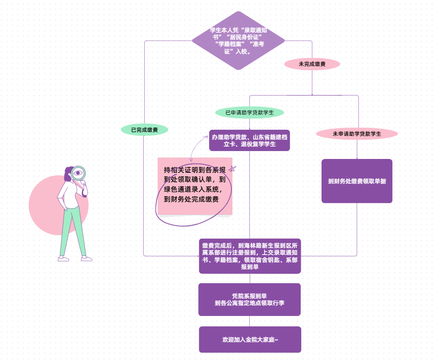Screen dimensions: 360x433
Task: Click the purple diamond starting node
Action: (x=238, y=40)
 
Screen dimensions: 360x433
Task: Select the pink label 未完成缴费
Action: (x=312, y=64)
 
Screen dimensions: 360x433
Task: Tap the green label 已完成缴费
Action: (x=144, y=130)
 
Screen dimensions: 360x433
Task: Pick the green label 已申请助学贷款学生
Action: (x=249, y=112)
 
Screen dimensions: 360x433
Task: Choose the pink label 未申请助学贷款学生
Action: (x=357, y=134)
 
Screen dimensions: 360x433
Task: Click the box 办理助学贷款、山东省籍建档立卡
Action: (x=249, y=140)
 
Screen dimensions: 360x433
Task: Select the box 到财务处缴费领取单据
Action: (x=357, y=181)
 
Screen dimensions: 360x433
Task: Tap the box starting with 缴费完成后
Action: (x=249, y=256)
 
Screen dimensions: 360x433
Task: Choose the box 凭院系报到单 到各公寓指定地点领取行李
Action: (x=249, y=300)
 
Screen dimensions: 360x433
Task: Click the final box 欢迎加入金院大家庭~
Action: (x=250, y=340)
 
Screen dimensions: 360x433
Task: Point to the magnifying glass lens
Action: (x=78, y=173)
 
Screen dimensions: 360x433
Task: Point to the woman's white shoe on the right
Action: (x=86, y=258)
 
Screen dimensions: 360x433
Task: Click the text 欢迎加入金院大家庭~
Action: (x=250, y=340)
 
